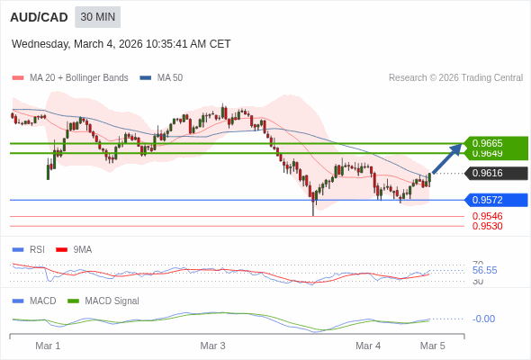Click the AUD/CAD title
tap(39, 17)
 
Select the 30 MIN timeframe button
tap(98, 17)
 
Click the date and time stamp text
tap(121, 43)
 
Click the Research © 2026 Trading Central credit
tap(455, 78)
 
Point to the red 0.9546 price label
tap(487, 216)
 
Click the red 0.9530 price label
tap(487, 226)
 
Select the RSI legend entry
tap(36, 249)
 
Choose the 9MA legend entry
tap(82, 249)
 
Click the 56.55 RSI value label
tap(484, 270)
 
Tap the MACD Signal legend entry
tap(112, 301)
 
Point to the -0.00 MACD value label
tap(483, 319)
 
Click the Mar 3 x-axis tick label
tap(212, 346)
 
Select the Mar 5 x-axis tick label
tap(433, 346)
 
